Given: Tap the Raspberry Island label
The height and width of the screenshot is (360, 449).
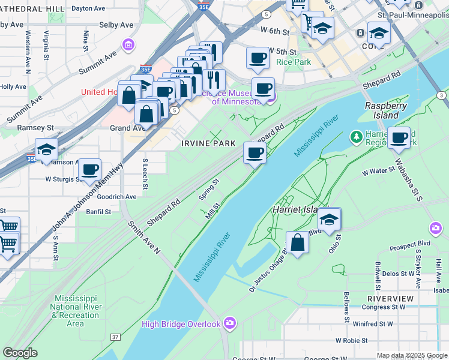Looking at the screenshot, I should coord(386,110).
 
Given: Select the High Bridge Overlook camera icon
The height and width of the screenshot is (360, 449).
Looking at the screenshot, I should coord(229,324).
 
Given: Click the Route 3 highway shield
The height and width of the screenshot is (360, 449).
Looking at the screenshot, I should coord(441,95).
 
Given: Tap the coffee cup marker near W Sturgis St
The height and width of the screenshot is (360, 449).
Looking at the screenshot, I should coord(90,170).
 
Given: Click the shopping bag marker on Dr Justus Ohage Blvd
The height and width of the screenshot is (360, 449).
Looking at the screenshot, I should coord(297,243).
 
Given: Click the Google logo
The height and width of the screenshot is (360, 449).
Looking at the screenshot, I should coord(20,353).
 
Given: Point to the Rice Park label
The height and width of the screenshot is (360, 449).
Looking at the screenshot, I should coord(294,61).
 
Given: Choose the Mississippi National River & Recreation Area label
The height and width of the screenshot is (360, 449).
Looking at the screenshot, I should coord(75,311).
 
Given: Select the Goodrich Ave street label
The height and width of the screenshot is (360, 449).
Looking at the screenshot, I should coord(117,196).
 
